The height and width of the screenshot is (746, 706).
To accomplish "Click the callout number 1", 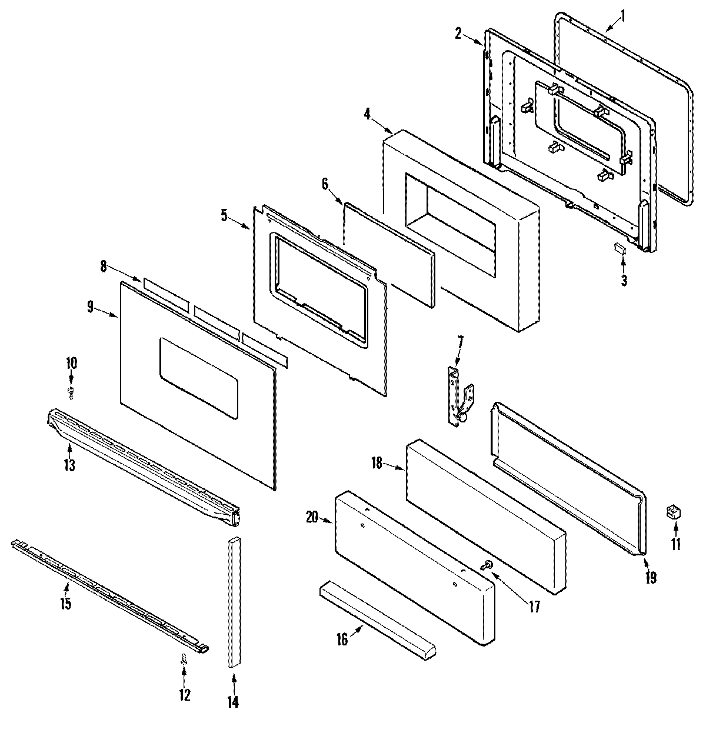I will (x=624, y=11).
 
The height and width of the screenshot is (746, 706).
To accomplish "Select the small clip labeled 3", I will (x=619, y=249).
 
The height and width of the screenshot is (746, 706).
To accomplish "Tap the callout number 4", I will (x=367, y=115).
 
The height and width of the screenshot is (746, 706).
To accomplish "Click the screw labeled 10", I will (x=71, y=391).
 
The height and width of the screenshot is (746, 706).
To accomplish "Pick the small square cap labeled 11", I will (x=672, y=512).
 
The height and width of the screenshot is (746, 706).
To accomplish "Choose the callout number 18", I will (x=377, y=464).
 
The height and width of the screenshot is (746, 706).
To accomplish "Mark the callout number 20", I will (x=312, y=517).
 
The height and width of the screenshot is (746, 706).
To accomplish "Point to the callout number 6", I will (x=325, y=184).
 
